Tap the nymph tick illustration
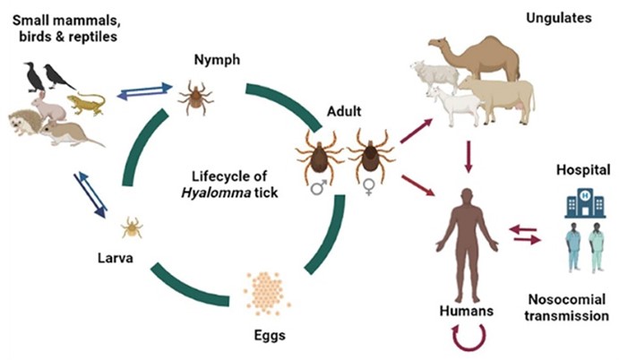(193, 96)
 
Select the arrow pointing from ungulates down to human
(466, 157)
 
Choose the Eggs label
(265, 339)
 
